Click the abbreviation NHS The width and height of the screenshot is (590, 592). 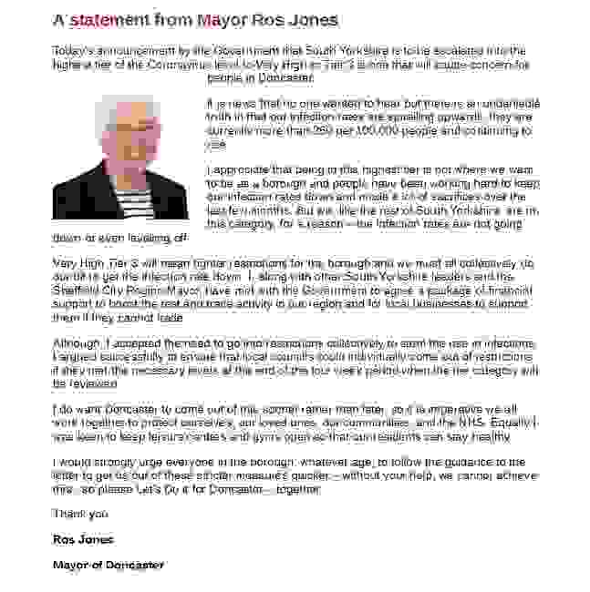click(x=471, y=423)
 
